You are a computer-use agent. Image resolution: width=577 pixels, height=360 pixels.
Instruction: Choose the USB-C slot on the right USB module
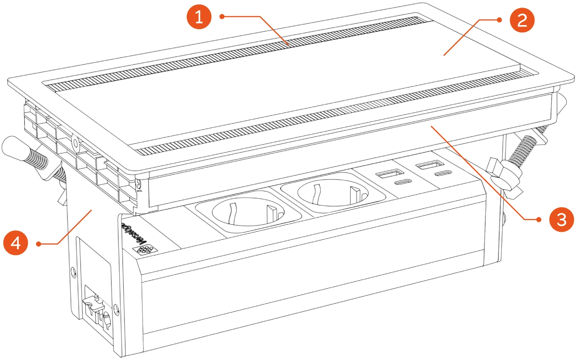point(442,174)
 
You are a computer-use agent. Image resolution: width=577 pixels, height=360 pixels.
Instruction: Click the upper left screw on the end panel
point(73,272)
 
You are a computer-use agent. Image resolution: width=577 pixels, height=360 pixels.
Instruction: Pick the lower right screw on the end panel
point(116,308)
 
